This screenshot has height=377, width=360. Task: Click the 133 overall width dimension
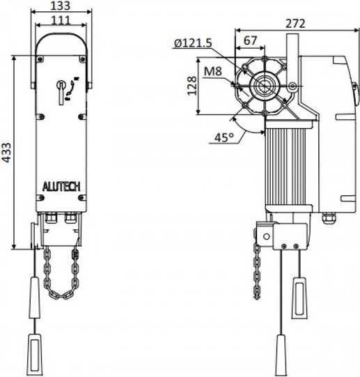pos(60,6)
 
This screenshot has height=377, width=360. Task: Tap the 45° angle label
pos(224,137)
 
